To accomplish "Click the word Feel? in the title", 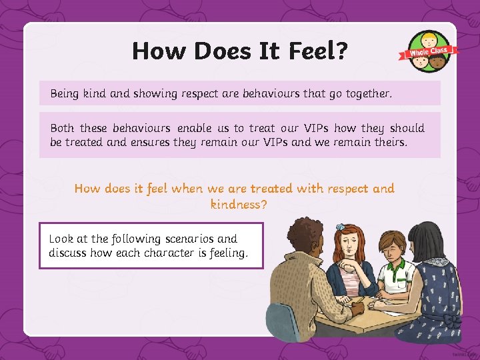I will pos(316,51).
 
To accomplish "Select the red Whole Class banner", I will pos(429,52).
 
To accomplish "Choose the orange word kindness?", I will pos(239,205).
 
